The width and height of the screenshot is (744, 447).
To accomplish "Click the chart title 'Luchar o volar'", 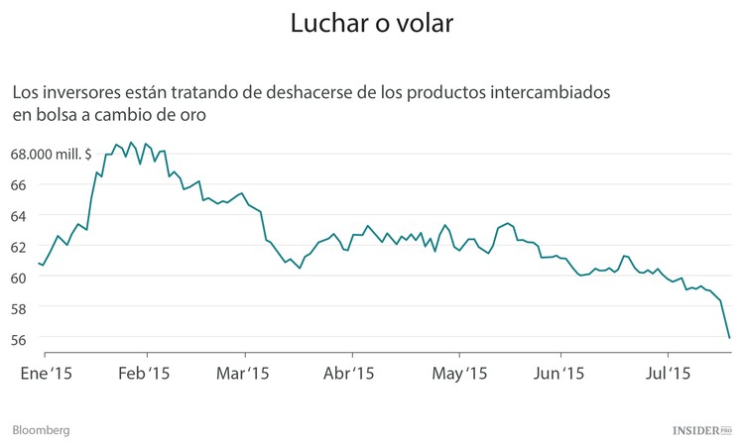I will click(x=372, y=24).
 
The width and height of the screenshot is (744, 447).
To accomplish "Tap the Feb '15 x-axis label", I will click(x=145, y=374).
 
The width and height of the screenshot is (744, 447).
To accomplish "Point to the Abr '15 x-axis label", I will click(x=348, y=374).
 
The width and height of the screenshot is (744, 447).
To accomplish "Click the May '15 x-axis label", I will click(x=460, y=374).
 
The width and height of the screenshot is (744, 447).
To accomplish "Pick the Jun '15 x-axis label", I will click(x=559, y=374).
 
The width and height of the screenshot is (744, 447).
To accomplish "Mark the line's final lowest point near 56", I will click(x=729, y=338).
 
